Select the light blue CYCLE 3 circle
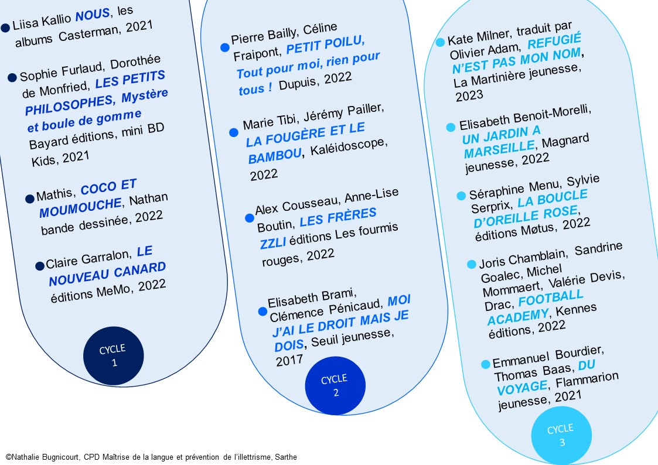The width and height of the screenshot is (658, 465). [561, 436]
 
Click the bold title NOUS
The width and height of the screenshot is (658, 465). [93, 16]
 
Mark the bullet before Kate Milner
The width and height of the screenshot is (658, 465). [441, 42]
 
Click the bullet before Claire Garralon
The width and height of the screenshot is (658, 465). [40, 266]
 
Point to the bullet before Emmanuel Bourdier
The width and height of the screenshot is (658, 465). [485, 364]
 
